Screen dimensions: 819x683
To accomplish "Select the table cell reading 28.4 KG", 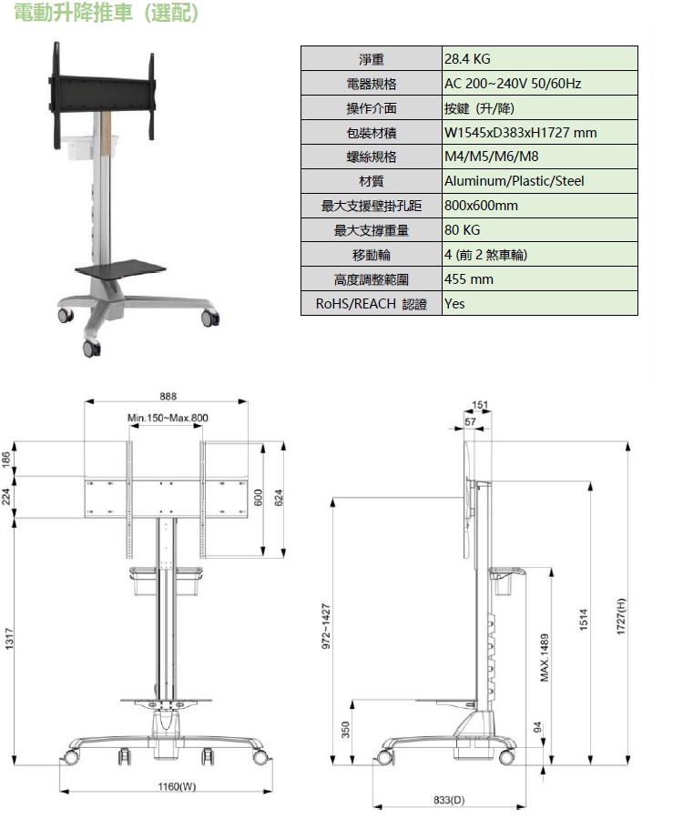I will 467,59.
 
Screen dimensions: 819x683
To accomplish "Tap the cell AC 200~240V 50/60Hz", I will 512,84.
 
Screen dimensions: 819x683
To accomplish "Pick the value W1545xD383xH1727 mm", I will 520,133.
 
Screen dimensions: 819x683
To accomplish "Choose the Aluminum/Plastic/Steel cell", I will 514,181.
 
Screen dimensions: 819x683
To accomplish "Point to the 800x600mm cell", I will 481,206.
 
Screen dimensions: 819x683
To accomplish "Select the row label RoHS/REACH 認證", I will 371,304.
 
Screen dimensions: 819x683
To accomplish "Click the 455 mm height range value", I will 468,279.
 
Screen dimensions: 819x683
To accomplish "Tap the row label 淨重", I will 371,59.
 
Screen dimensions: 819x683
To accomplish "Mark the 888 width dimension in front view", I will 168,396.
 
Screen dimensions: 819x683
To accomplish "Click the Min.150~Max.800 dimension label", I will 168,418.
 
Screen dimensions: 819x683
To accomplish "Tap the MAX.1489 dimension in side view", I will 545,657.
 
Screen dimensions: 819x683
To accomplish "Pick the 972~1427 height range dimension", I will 325,627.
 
